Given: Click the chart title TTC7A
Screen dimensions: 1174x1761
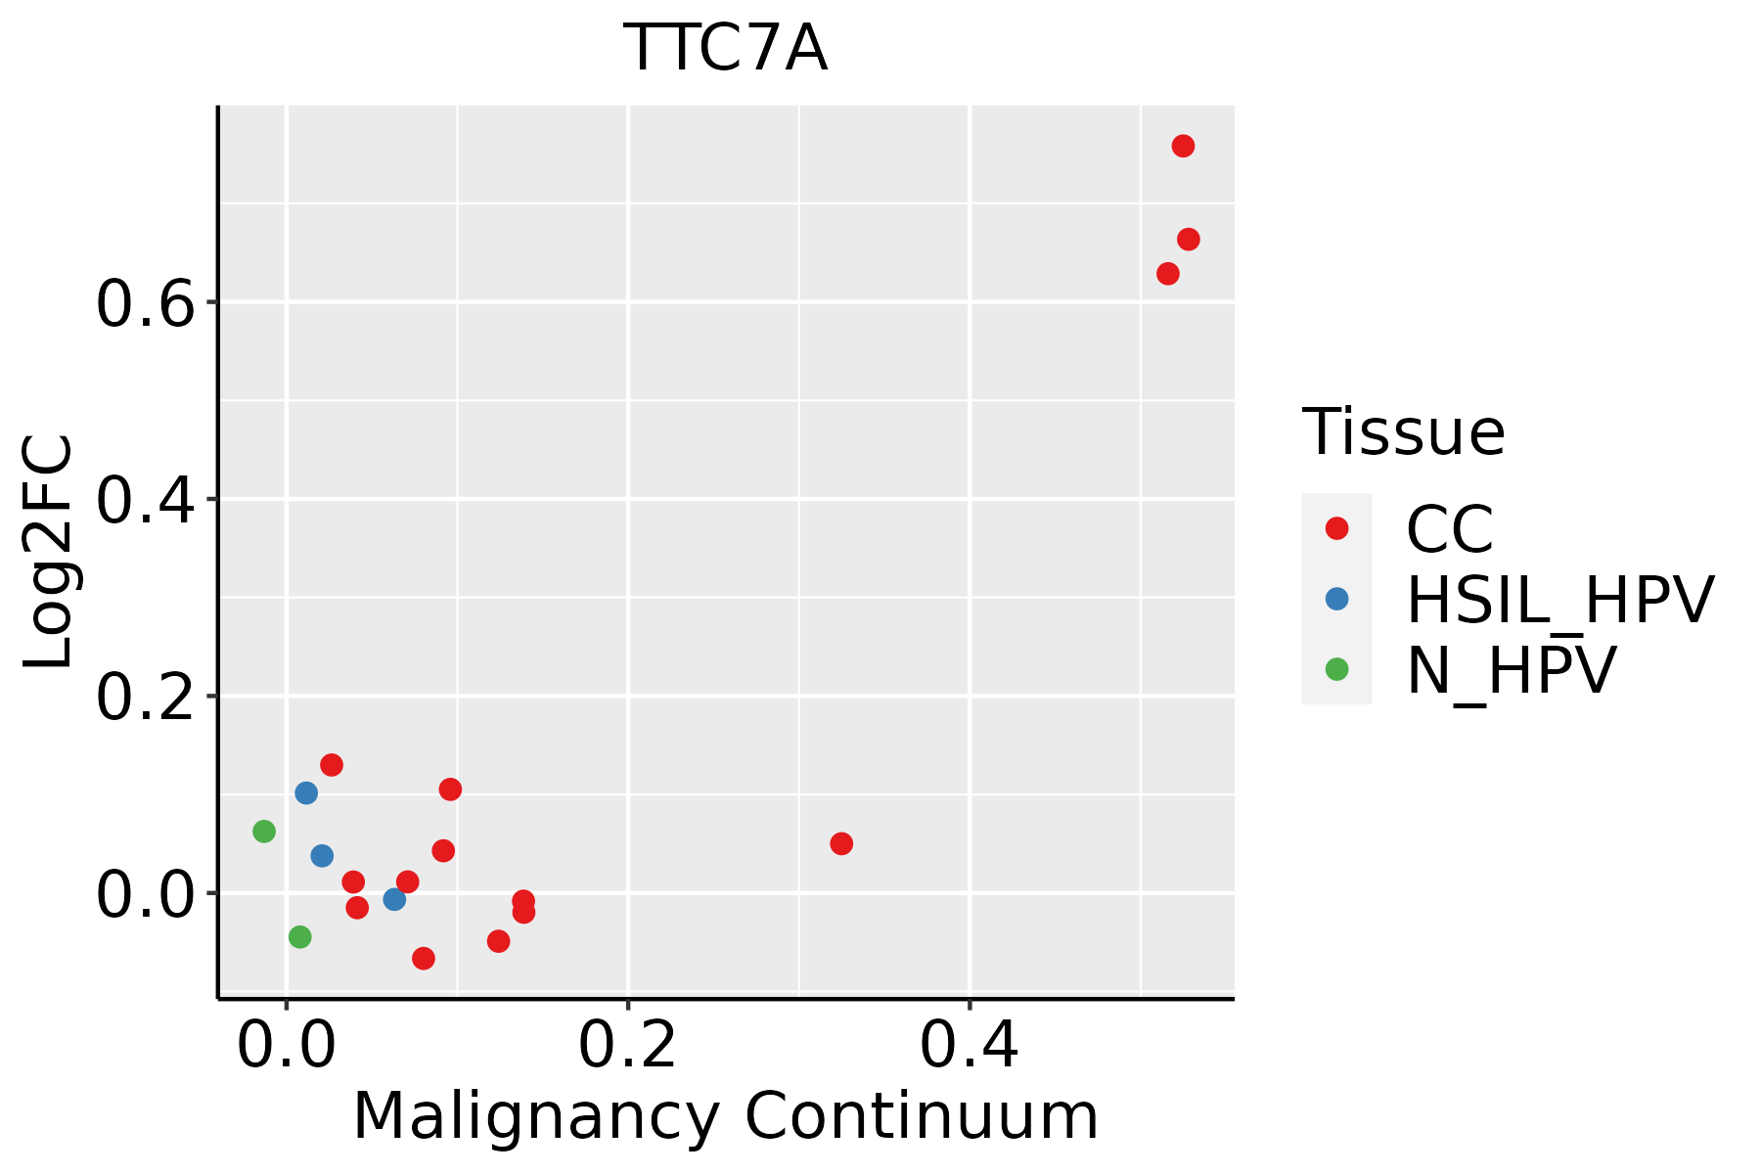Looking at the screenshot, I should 725,49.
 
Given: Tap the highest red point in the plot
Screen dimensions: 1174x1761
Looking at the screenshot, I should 1183,147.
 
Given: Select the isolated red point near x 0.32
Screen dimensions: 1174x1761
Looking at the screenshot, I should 841,843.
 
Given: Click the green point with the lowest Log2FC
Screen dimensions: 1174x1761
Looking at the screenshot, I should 300,937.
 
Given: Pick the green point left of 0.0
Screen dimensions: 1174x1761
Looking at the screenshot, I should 264,832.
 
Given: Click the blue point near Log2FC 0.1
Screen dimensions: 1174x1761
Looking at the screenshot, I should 306,792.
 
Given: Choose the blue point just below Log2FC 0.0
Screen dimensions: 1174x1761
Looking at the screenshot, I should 394,899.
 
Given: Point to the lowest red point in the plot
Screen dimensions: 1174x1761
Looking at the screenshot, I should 424,958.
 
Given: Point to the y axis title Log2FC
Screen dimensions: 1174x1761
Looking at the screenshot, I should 49,552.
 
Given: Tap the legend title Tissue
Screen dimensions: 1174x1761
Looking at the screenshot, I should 1403,432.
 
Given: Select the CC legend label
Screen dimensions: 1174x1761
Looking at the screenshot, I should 1449,530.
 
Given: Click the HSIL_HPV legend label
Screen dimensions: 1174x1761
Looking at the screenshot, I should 1559,600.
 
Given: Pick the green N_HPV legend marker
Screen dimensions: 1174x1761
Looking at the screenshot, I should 1336,669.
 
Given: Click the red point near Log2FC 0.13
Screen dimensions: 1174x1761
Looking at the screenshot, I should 332,765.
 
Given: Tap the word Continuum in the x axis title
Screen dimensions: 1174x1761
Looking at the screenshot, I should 921,1117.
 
